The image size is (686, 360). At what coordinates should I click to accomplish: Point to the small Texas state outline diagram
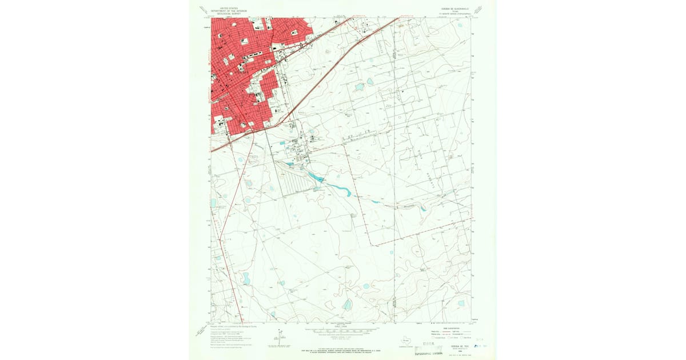coord(405,338)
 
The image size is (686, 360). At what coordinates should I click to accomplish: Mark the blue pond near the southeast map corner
coord(461,303)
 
